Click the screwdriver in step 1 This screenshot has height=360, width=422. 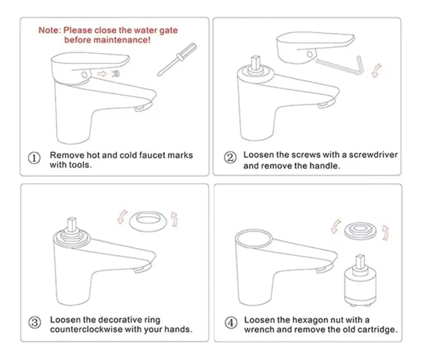point(177,59)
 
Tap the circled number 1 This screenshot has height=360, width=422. point(34,158)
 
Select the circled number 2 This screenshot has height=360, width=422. point(231,158)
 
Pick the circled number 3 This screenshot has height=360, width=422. point(35,323)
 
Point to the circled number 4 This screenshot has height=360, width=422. point(231,323)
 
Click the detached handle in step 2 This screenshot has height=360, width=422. point(315,47)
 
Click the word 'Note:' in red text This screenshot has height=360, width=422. point(50,30)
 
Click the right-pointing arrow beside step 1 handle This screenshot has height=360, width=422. point(102,74)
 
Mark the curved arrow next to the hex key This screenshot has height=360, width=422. point(377,71)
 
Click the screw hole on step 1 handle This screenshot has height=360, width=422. point(84,74)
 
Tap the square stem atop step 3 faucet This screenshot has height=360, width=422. point(72,225)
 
